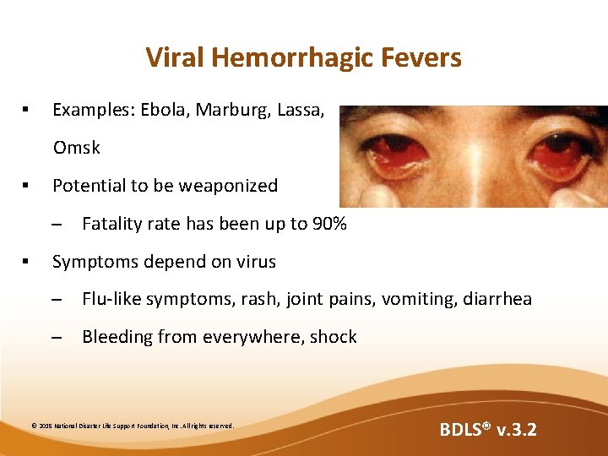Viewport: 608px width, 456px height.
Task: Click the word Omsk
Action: (77, 148)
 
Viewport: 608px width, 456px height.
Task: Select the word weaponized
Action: (226, 186)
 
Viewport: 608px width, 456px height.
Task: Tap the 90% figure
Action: (327, 224)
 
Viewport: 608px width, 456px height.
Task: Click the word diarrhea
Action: (497, 299)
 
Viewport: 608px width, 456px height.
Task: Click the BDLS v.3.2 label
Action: (488, 430)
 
